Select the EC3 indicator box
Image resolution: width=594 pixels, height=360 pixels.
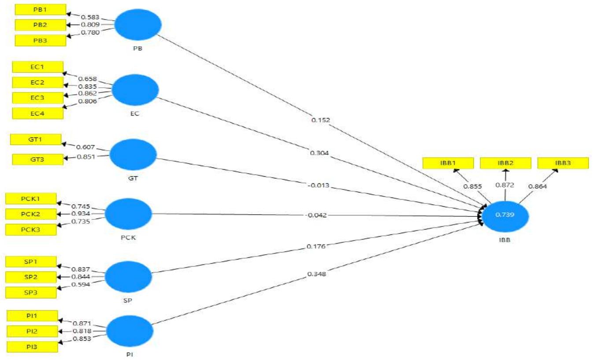37,97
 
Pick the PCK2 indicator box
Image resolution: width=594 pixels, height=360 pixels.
31,214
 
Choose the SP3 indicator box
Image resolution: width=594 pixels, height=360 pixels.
31,292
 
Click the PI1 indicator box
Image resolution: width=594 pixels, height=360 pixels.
33,315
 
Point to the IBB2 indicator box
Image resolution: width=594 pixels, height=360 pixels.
505,163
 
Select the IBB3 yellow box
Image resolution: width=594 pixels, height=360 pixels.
563,163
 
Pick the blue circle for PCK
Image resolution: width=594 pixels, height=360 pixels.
128,214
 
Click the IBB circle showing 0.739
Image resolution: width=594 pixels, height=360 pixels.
505,216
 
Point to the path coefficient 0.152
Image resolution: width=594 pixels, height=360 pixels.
320,119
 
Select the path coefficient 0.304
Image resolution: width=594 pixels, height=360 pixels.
319,153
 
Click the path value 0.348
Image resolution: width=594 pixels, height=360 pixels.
317,275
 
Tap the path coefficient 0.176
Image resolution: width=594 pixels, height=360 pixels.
316,246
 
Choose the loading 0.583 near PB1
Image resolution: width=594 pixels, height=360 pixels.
90,17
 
